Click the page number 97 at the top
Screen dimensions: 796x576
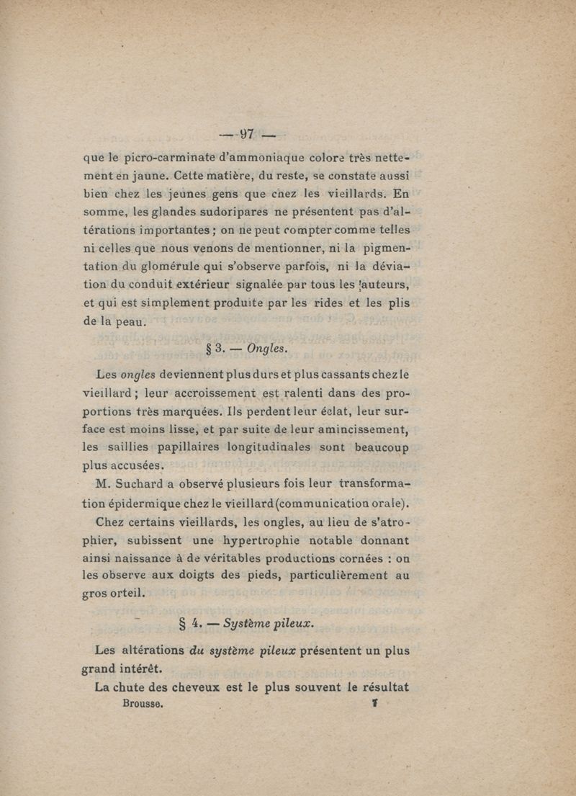coord(248,134)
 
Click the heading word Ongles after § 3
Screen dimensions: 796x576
coord(266,349)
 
